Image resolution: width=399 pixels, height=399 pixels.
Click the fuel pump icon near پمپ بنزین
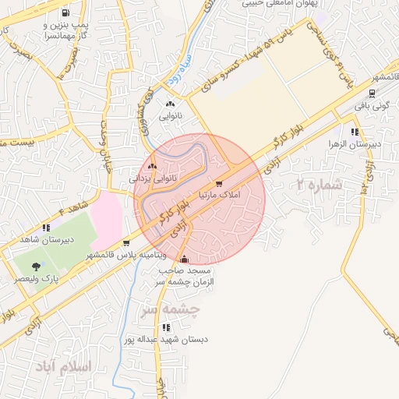pos(63,12)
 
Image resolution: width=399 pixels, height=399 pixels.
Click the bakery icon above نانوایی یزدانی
pos(153,166)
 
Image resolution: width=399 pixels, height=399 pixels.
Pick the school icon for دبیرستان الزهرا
pos(355,132)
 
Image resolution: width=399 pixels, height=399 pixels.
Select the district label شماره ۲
pos(320,185)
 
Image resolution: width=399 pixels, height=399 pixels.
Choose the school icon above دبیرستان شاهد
pos(47,228)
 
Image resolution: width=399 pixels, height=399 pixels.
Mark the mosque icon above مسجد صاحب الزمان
pos(184,260)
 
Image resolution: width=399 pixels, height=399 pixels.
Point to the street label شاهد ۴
pos(74,209)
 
